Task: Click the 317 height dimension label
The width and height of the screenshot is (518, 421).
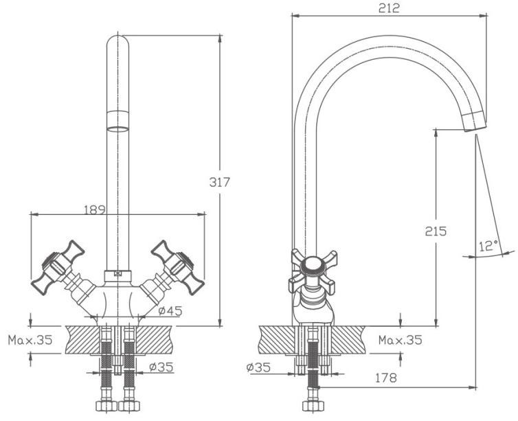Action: pos(219,182)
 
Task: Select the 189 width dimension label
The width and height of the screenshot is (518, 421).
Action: pos(95,209)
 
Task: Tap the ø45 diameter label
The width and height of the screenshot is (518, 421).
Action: pos(170,310)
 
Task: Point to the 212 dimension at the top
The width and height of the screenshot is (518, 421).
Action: pos(389,8)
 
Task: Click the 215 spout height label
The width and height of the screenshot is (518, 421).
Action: pos(436,231)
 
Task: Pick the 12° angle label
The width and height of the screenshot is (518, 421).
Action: pos(488,246)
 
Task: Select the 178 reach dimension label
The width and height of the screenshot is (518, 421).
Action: pos(386,378)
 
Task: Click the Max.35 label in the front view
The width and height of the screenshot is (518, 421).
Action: pos(30,340)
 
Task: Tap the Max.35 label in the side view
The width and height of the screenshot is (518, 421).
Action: pos(401,340)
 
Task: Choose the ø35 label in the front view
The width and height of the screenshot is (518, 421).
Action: pos(161,367)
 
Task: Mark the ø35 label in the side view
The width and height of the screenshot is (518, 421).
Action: pos(258,367)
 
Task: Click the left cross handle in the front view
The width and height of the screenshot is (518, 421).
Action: pos(58,266)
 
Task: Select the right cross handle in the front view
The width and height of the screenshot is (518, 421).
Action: pos(178,266)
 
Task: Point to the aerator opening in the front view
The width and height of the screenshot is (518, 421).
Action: pos(118,129)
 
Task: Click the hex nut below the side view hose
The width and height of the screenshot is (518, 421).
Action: pos(312,406)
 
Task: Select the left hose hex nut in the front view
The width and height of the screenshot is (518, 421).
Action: pos(106,406)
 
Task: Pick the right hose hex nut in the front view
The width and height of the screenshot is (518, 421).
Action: pos(129,406)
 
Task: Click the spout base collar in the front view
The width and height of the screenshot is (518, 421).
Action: pos(118,276)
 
